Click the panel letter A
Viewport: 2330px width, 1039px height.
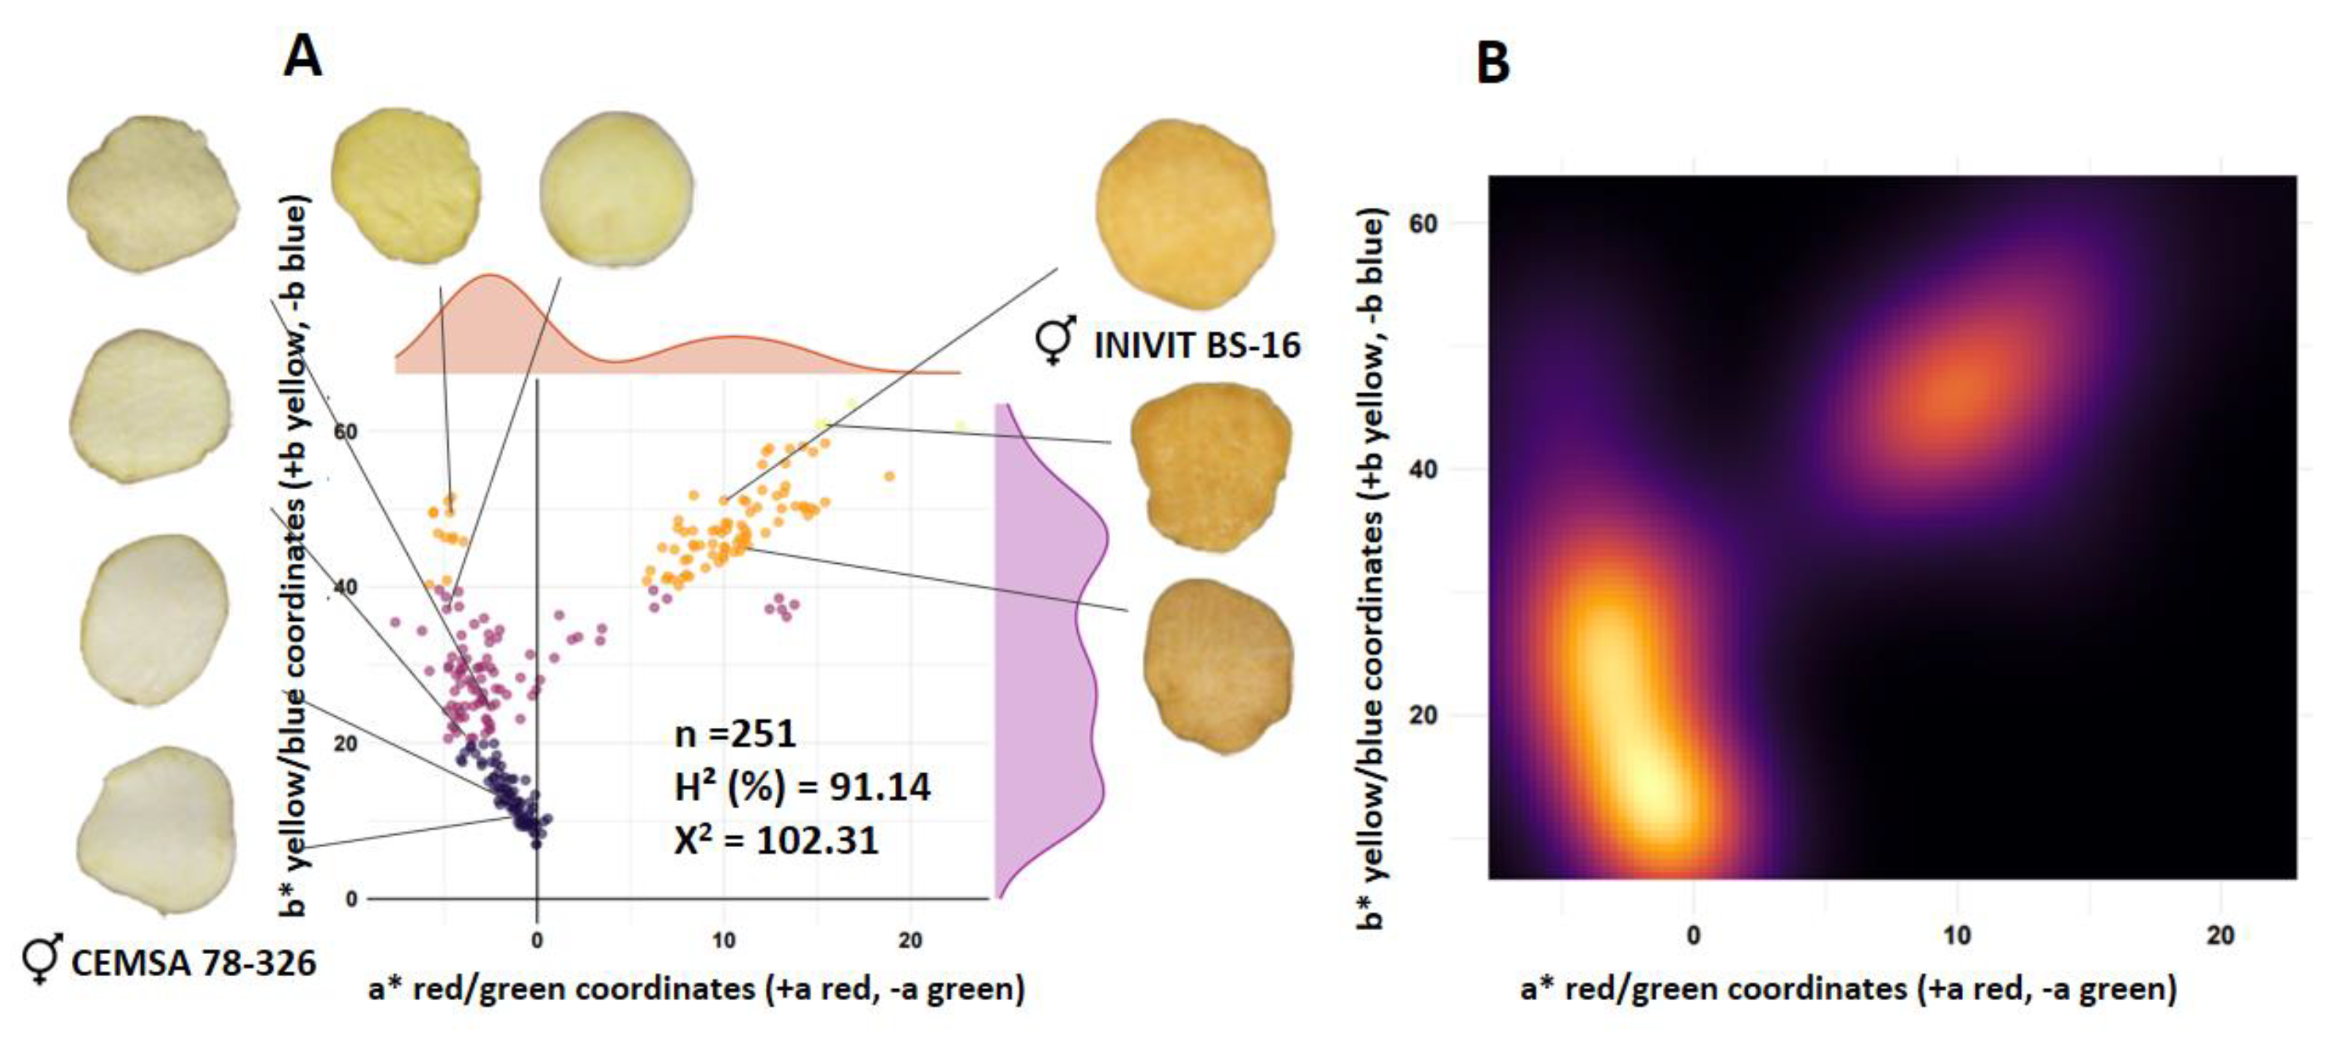(302, 57)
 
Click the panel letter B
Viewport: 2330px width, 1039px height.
(1492, 63)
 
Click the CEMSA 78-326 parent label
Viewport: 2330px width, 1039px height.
(193, 963)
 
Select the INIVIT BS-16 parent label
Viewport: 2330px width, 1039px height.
(1196, 346)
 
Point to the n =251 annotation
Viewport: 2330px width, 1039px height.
(735, 734)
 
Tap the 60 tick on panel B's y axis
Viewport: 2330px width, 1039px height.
(1423, 223)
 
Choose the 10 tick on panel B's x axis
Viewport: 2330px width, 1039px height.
(1957, 935)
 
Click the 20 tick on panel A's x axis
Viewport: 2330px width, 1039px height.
(910, 940)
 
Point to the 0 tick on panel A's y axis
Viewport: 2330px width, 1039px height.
(352, 899)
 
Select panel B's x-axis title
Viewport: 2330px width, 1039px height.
(1848, 988)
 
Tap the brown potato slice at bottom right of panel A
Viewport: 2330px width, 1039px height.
(1216, 666)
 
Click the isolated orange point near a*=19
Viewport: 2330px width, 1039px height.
(889, 477)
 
